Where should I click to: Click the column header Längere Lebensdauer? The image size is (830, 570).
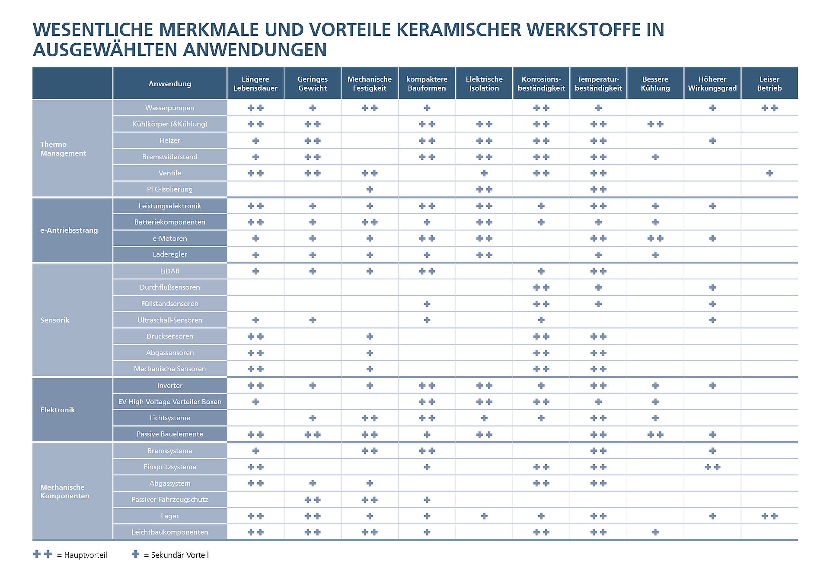point(255,83)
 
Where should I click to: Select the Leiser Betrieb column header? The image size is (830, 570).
point(769,83)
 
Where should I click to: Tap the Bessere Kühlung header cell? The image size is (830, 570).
point(655,83)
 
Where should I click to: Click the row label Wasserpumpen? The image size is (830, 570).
point(169,108)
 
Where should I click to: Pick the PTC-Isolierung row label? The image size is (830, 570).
point(169,189)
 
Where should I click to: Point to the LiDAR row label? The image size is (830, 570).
point(169,271)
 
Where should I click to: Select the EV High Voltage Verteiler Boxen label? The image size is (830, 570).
point(169,402)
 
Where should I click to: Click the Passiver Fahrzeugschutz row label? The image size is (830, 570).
point(169,500)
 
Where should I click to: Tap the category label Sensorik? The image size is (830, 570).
point(55,320)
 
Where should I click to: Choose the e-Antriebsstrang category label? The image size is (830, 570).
point(69,230)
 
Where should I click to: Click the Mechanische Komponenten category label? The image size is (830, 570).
point(64,491)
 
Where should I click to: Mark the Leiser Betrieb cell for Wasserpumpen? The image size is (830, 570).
point(769,108)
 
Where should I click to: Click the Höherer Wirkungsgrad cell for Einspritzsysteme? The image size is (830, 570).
point(712,467)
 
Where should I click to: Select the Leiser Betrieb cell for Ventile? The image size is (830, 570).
point(769,173)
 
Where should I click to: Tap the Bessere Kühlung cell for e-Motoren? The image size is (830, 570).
point(655,238)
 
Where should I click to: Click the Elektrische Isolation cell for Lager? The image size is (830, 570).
point(484,516)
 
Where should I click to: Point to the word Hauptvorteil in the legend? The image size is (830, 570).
point(85,555)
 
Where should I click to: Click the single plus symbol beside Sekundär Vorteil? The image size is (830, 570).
point(135,554)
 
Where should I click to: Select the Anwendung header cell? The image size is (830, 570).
point(169,83)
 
